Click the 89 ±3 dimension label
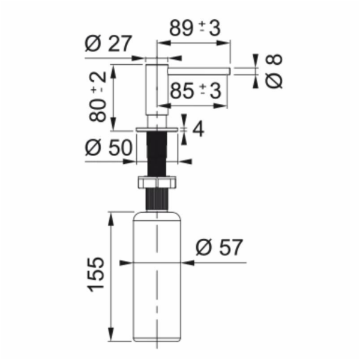[x=195, y=28]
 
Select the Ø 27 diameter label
[x=109, y=43]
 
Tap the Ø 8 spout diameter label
[x=274, y=71]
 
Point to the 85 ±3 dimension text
[x=196, y=91]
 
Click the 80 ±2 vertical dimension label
[x=98, y=97]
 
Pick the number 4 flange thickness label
[x=198, y=129]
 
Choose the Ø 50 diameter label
[x=109, y=147]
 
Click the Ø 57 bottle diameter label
[x=219, y=247]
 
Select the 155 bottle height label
[x=96, y=274]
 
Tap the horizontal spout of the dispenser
[x=199, y=71]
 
